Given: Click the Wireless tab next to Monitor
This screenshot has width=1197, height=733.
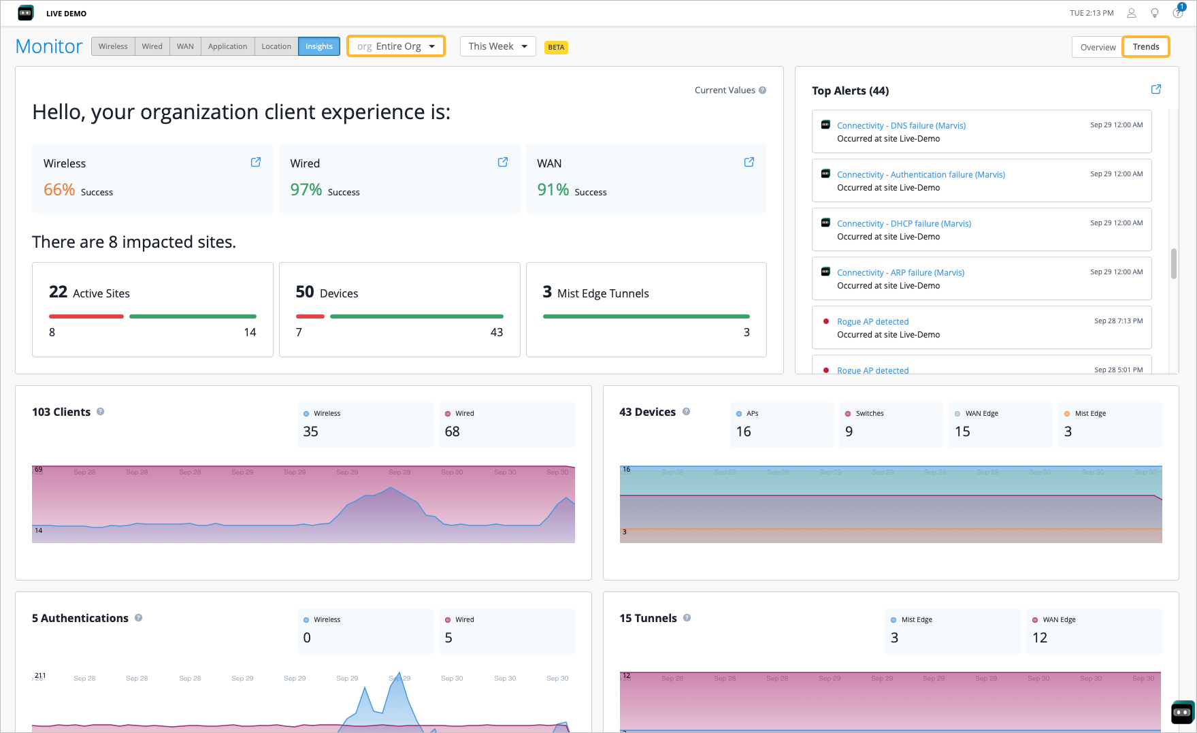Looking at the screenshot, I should [113, 46].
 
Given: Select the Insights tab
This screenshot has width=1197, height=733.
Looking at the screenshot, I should [318, 46].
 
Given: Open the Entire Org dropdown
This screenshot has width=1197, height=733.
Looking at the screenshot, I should [395, 46].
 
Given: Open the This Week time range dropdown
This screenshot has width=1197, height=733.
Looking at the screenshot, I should [497, 46].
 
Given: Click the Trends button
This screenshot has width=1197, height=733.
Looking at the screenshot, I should [1145, 47].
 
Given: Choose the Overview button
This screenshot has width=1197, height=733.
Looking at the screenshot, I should [1097, 47].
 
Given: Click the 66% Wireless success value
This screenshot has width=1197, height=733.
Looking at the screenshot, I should [59, 190].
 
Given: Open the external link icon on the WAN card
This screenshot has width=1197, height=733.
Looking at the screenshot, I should [749, 162].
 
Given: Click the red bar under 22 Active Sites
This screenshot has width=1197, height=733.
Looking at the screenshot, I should [86, 316].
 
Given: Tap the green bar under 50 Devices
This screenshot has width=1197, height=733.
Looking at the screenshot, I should [416, 316].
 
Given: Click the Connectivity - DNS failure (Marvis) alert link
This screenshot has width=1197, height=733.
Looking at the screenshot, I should [901, 126].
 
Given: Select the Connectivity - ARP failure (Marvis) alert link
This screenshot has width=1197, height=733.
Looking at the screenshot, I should [900, 273].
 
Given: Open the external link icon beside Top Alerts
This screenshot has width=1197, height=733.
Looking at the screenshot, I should [1155, 89].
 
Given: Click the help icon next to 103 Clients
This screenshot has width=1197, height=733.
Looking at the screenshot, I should [100, 412].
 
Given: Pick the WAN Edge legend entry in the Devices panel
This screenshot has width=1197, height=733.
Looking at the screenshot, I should [981, 414].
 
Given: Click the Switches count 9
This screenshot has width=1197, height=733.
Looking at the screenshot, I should [849, 431].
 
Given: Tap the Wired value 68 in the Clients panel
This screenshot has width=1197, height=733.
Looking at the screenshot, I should [452, 431].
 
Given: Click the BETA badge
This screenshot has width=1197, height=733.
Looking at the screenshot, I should [556, 47].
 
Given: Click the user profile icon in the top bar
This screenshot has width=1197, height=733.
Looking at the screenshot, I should [1132, 13].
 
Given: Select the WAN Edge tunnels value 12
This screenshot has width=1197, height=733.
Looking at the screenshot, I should [1039, 638].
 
